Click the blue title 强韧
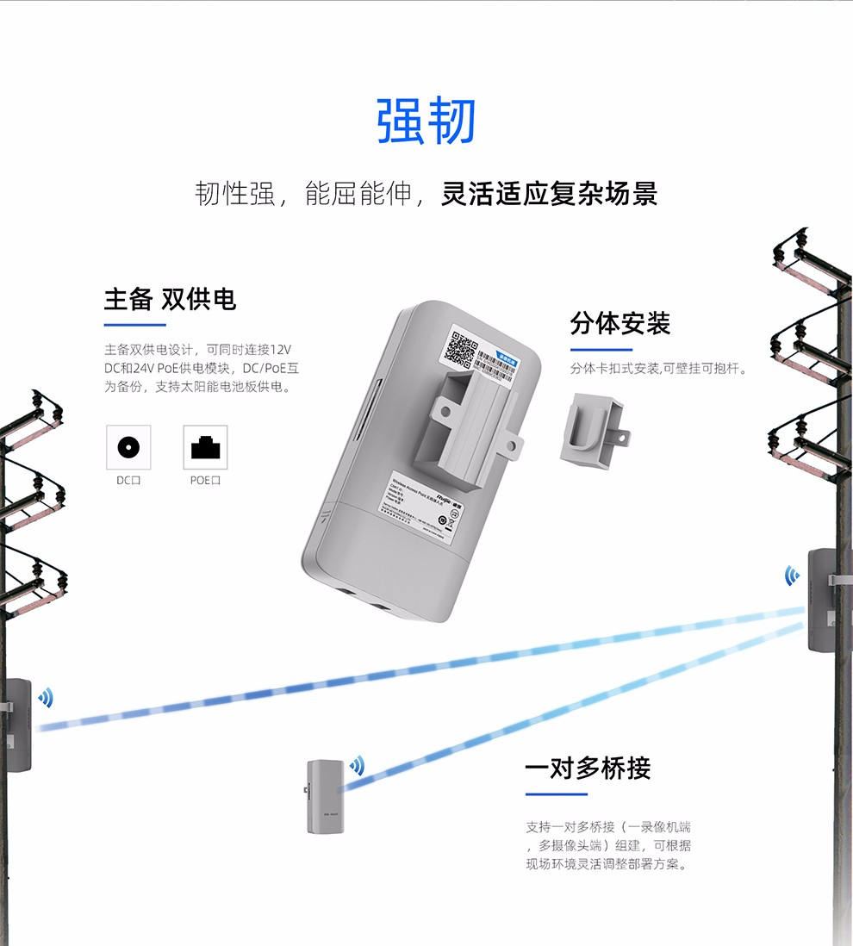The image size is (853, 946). (426, 121)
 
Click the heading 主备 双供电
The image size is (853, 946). (170, 299)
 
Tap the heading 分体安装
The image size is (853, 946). (620, 324)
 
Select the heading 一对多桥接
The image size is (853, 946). (588, 768)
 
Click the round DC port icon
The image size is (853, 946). (128, 447)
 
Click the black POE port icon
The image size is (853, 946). (205, 447)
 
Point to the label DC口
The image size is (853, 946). (128, 480)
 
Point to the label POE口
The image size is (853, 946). (205, 480)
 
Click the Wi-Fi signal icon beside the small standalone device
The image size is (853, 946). (356, 764)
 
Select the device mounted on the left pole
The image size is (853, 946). (17, 725)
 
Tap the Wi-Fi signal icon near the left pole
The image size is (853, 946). (45, 697)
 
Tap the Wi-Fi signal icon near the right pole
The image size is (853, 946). (791, 576)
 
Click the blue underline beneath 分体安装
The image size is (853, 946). (601, 350)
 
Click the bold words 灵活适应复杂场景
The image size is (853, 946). (549, 193)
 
